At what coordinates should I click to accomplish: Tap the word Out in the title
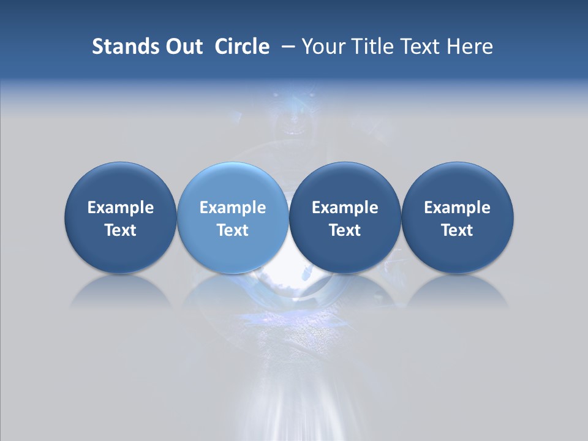coord(182,47)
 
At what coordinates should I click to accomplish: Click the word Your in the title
coord(322,47)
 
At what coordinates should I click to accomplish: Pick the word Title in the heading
coord(371,47)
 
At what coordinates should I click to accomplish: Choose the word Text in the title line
coord(419,47)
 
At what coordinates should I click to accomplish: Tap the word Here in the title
coord(469,47)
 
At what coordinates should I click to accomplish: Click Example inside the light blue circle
coord(233,208)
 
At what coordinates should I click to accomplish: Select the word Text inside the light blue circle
coord(233,230)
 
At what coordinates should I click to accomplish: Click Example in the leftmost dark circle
coord(121,208)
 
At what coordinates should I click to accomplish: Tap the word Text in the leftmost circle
coord(121,230)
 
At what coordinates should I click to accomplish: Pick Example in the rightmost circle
coord(457,208)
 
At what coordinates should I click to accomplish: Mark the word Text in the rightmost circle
coord(457,230)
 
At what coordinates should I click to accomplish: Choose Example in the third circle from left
coord(345,208)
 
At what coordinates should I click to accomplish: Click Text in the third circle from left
coord(345,230)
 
